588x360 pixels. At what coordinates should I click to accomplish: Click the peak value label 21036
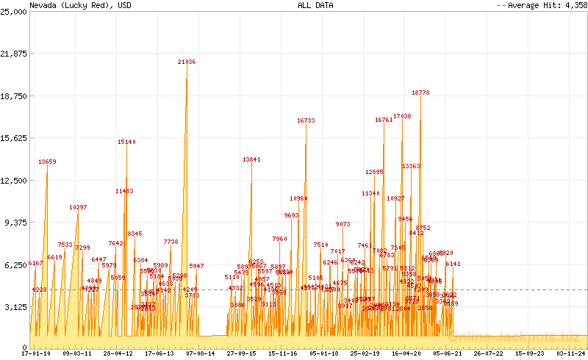coord(187,62)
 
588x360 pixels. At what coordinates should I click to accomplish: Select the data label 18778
coord(420,93)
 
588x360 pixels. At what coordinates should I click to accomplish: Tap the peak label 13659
coord(47,162)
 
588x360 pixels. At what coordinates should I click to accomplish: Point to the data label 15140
coord(126,142)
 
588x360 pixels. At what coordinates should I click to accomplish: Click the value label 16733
coord(306,120)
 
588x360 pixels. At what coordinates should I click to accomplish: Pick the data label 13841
coord(251,159)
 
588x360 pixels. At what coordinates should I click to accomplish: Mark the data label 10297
coord(78,208)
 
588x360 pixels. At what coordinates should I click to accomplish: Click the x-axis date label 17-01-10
coord(37,353)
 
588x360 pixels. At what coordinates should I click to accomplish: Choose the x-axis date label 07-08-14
coord(201,353)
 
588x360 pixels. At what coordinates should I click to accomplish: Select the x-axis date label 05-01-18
coord(324,353)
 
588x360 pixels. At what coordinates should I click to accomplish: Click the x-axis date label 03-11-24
coord(570,353)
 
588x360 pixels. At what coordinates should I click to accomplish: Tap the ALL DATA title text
coord(315,5)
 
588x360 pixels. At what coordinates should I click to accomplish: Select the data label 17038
coord(402,117)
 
